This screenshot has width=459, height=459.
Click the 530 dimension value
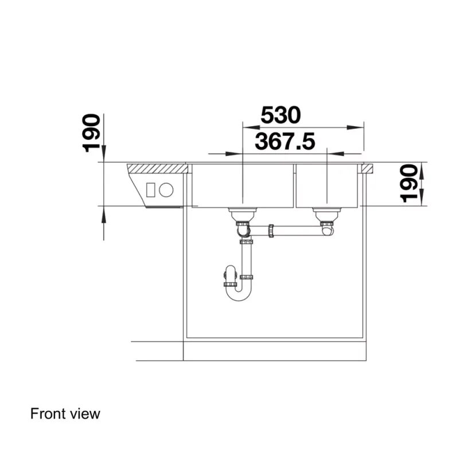click(x=281, y=115)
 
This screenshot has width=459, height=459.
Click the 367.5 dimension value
click(x=285, y=141)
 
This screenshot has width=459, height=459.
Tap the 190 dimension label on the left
click(x=91, y=133)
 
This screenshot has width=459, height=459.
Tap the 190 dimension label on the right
click(x=409, y=184)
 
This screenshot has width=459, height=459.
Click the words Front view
click(x=65, y=414)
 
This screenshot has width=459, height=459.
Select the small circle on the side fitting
click(x=166, y=190)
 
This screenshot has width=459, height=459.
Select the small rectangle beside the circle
click(x=151, y=190)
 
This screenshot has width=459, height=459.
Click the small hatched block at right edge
click(x=367, y=169)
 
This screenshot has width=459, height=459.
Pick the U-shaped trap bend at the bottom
click(x=239, y=295)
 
